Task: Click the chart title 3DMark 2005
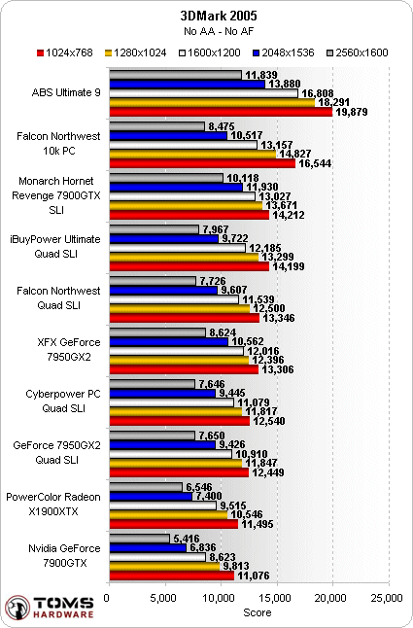point(218,16)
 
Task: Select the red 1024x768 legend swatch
point(40,52)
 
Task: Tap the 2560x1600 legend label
point(361,52)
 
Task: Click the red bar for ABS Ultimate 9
point(221,112)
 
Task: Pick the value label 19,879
point(352,112)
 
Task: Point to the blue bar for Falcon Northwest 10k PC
point(168,136)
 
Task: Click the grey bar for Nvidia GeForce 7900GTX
point(140,539)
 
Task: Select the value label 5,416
point(187,539)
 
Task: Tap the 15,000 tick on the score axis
point(277,598)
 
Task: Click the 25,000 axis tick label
point(388,598)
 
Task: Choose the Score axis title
point(258,612)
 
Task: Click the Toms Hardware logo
point(50,608)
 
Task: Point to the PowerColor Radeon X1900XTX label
point(53,505)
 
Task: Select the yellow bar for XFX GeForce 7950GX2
point(179,360)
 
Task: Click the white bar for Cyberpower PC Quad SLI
point(172,402)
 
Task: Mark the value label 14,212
point(289,215)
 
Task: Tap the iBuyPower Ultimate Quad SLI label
point(55,246)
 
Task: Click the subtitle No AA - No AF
point(219,31)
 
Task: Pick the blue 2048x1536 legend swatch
point(257,52)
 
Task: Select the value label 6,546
point(199,487)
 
